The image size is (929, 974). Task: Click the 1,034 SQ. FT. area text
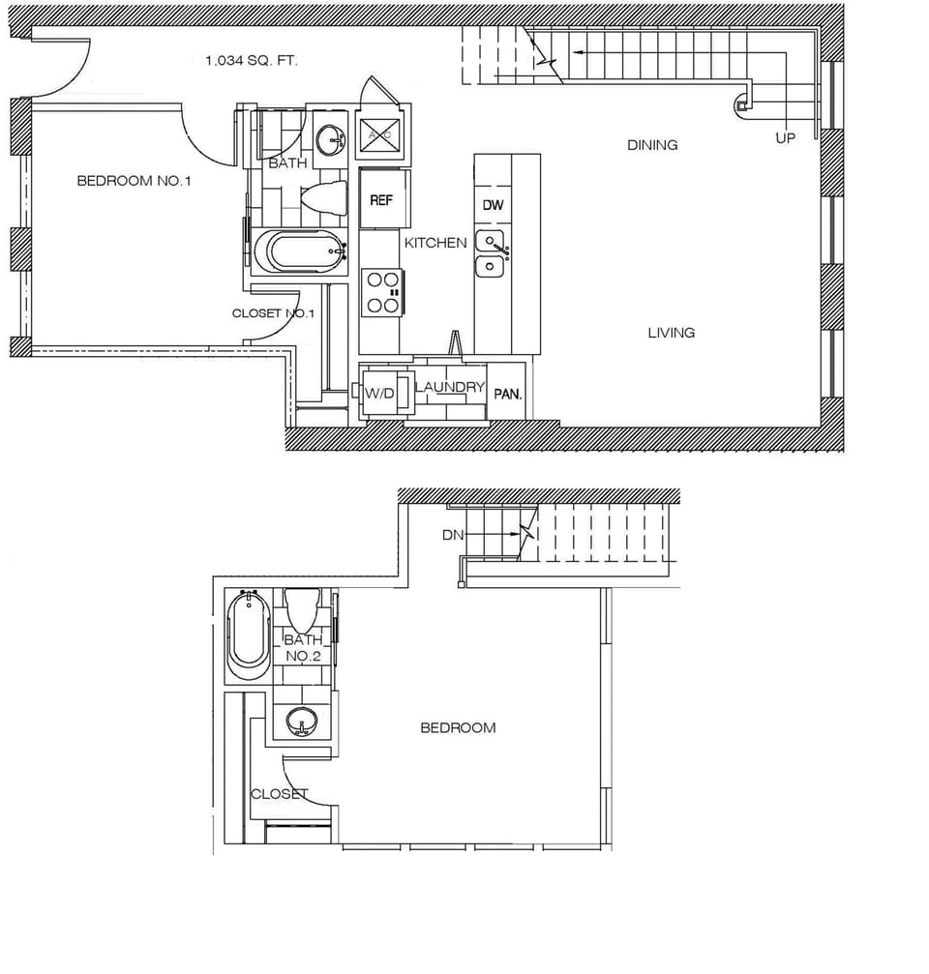tap(252, 60)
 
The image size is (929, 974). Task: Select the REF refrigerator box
tap(381, 200)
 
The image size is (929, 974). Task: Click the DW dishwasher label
tap(493, 205)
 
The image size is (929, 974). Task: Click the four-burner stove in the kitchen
tap(381, 292)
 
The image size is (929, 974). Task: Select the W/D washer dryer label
tap(377, 393)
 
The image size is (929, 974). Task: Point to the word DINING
tap(652, 145)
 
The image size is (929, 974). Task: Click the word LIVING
tap(671, 333)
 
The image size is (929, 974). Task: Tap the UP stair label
tap(785, 138)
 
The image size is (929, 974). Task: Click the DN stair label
tap(452, 534)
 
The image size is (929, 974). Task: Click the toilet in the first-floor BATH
tap(324, 198)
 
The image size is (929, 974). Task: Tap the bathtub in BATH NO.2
tap(249, 635)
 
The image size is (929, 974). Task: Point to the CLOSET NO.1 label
tap(274, 313)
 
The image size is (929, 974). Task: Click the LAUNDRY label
tap(449, 387)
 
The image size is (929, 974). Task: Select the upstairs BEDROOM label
tap(458, 727)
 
